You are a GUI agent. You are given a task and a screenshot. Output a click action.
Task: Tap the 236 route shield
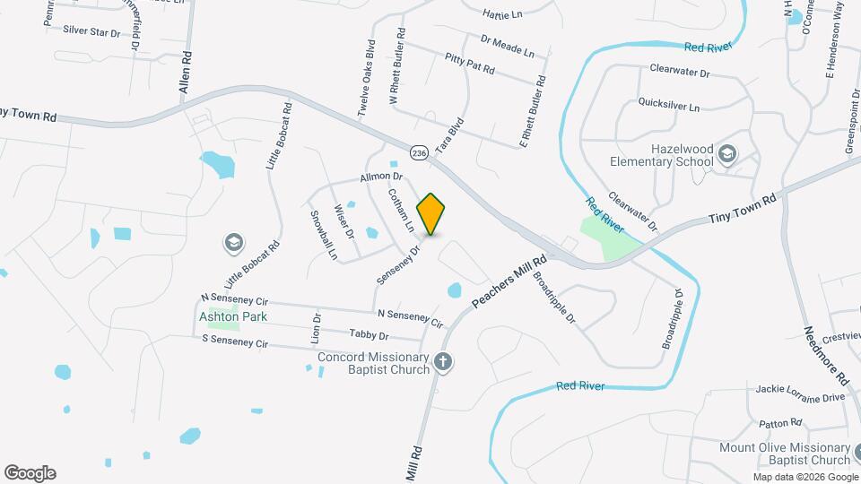click(x=419, y=153)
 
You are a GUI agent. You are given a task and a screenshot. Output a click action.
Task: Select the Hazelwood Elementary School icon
click(x=726, y=156)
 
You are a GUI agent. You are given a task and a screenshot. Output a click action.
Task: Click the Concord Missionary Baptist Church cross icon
click(x=441, y=361)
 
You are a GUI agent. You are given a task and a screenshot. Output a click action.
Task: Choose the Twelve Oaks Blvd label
click(x=366, y=78)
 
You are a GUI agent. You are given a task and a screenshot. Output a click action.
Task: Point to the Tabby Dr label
click(x=369, y=334)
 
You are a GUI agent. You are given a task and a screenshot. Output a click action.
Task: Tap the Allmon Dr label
click(x=379, y=177)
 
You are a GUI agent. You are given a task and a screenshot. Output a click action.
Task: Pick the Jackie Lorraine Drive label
click(x=800, y=395)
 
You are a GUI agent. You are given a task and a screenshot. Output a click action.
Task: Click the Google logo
click(x=30, y=472)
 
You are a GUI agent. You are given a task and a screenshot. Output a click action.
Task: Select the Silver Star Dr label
click(x=91, y=30)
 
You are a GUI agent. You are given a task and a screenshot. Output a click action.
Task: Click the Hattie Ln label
click(x=501, y=14)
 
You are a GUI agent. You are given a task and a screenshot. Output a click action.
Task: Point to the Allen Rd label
click(x=186, y=73)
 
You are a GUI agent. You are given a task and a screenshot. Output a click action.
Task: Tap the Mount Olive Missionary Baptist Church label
click(x=785, y=453)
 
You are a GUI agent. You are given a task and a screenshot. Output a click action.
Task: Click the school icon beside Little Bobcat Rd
click(x=233, y=242)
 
